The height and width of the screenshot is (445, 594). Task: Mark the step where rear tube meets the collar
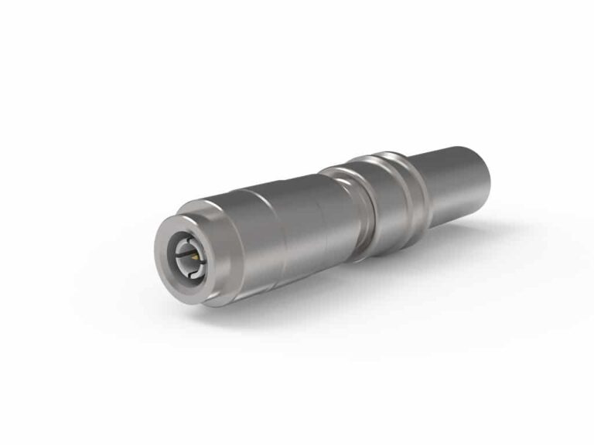coord(428,185)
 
